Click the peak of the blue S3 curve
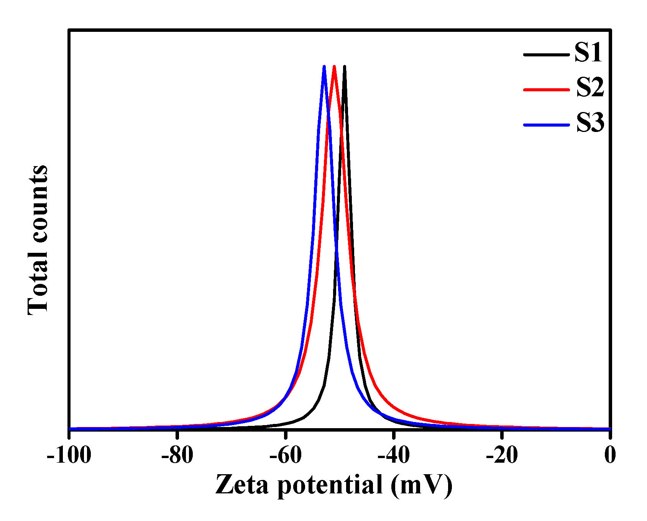pyautogui.click(x=324, y=67)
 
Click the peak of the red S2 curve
pyautogui.click(x=334, y=67)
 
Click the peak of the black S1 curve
pyautogui.click(x=345, y=67)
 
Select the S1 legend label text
pyautogui.click(x=588, y=53)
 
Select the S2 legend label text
pyautogui.click(x=590, y=87)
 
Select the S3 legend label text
pyautogui.click(x=590, y=123)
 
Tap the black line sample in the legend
pyautogui.click(x=546, y=54)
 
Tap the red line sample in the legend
pyautogui.click(x=546, y=89)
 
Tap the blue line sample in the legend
pyautogui.click(x=546, y=125)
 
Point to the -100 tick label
pyautogui.click(x=69, y=456)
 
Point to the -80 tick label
pyautogui.click(x=177, y=456)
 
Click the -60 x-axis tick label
pyautogui.click(x=285, y=456)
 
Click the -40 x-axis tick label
pyautogui.click(x=393, y=456)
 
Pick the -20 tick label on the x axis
pyautogui.click(x=501, y=456)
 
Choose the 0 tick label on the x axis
pyautogui.click(x=610, y=456)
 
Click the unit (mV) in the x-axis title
pyautogui.click(x=422, y=485)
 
